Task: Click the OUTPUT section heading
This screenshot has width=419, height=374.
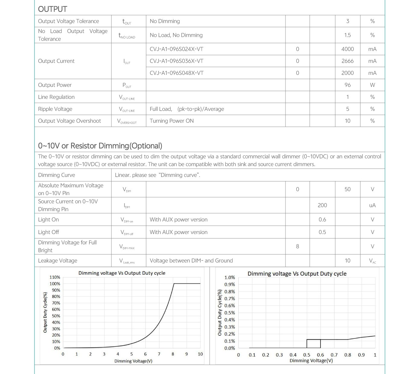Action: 53,9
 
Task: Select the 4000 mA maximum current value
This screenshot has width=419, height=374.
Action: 347,49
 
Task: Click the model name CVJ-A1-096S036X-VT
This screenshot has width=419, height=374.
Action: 176,61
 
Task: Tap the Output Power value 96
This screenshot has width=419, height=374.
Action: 347,85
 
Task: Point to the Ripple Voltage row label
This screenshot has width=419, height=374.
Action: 55,109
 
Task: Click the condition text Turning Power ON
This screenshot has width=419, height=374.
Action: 172,121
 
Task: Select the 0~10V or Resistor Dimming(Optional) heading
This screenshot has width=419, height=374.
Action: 100,146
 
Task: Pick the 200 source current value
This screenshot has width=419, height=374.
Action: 322,205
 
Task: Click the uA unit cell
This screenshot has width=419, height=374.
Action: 372,205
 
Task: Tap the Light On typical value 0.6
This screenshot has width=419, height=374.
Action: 322,219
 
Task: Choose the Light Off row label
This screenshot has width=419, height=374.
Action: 48,232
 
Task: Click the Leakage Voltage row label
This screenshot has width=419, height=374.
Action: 58,261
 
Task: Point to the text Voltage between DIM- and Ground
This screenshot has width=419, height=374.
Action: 191,261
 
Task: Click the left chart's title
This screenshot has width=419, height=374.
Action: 122,273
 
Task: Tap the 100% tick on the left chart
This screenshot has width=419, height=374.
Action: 55,284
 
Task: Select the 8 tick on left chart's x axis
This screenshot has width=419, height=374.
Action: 173,354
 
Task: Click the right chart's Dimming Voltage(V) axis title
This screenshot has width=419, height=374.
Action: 311,360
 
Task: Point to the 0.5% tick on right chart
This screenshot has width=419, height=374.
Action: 230,313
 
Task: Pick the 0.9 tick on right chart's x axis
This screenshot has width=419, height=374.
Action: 361,355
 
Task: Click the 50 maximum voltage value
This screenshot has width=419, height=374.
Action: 347,189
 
